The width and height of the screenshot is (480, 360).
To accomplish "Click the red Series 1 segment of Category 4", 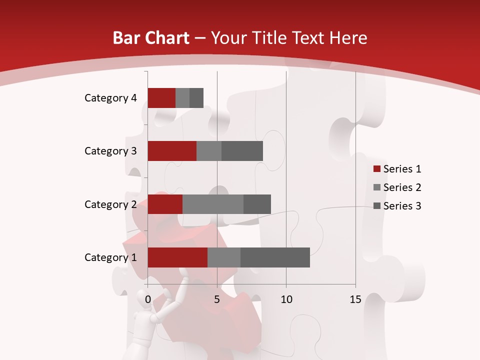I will coord(161,98).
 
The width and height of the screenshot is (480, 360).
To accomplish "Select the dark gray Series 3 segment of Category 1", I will coord(275,257).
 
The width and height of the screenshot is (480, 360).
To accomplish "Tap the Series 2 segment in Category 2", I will coord(213,204).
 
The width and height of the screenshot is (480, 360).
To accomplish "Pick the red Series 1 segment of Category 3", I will coord(172,151).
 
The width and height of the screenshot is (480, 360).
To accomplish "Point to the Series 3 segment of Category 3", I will coord(242,151).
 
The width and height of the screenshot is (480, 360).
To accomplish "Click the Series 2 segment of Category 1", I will coord(224,257).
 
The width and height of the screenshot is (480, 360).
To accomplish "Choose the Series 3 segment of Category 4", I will coord(196,98).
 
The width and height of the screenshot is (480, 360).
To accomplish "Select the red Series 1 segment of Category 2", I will coord(165,204).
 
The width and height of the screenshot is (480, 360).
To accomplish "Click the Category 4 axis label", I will coord(110,98).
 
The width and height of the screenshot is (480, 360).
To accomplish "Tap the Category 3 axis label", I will coord(110,151).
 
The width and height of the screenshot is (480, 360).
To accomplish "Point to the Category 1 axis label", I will coord(110,257).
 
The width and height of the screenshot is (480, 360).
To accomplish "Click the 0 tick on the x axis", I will coord(148,299).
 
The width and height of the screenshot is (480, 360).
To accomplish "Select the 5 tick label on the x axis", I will coord(217,299).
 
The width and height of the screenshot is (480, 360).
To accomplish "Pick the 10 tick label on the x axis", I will coord(286,299).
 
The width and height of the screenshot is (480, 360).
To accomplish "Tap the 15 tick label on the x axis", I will coord(355,299).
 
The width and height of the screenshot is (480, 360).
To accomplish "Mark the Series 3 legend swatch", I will coord(377,206).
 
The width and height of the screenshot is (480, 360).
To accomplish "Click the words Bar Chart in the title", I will coord(150,38).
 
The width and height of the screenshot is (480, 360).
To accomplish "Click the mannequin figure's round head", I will coord(144,295).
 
